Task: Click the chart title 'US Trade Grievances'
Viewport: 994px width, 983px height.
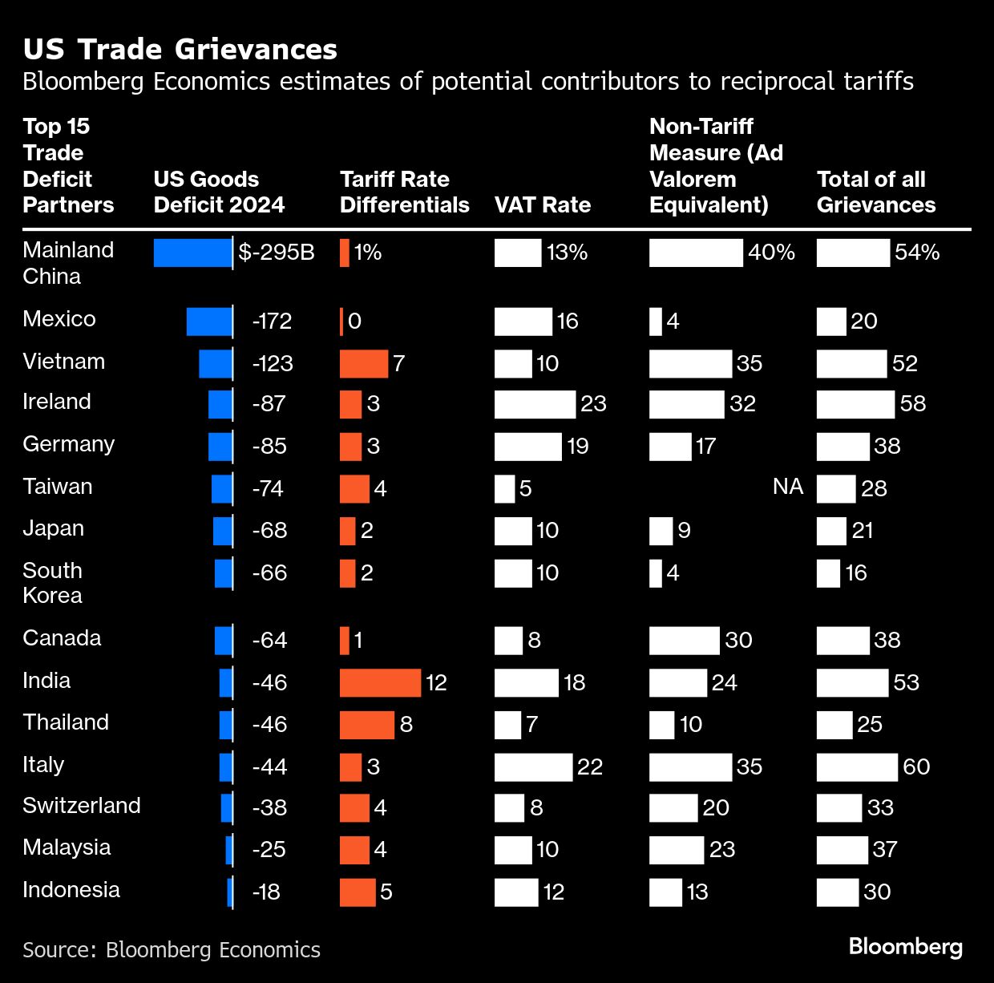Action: click(x=180, y=50)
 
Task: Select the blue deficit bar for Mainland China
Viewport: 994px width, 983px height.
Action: click(x=192, y=253)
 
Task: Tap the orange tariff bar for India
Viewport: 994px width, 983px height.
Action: click(x=380, y=682)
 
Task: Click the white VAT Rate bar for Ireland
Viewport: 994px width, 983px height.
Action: click(x=535, y=404)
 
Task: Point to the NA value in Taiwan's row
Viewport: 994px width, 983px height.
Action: click(x=788, y=487)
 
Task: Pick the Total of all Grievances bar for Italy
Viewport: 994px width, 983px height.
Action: click(x=857, y=767)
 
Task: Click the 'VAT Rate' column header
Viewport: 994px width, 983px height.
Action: click(x=543, y=205)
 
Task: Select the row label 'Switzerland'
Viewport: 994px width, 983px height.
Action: click(x=82, y=806)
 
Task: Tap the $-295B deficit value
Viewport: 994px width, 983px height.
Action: click(x=277, y=253)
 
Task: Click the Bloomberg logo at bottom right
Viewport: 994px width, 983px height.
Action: click(x=906, y=947)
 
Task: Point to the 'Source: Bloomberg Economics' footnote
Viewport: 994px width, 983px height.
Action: click(x=172, y=950)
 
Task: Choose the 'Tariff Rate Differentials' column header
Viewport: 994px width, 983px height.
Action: click(x=404, y=192)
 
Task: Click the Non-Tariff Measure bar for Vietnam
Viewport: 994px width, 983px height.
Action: click(x=690, y=364)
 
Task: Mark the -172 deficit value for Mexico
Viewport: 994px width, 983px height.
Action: click(x=272, y=322)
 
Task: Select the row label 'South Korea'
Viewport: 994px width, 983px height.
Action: click(x=53, y=583)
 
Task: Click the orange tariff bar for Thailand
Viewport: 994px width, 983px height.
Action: click(x=367, y=725)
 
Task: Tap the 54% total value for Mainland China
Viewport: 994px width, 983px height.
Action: click(x=917, y=253)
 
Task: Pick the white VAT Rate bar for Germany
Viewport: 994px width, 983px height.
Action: click(x=527, y=447)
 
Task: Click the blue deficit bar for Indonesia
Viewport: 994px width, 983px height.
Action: click(x=230, y=892)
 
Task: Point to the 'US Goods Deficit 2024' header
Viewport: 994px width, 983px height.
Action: click(x=219, y=192)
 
